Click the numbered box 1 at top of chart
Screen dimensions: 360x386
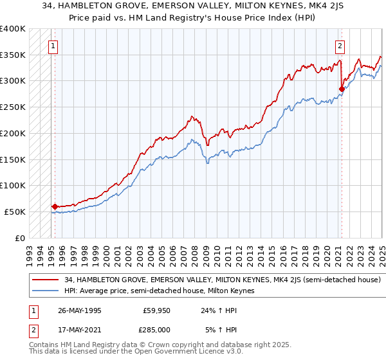pyautogui.click(x=51, y=46)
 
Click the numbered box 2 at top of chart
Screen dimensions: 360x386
pyautogui.click(x=339, y=46)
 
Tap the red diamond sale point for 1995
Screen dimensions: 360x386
pyautogui.click(x=55, y=206)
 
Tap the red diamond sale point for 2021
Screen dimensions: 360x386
pyautogui.click(x=342, y=89)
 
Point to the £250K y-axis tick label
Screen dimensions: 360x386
pyautogui.click(x=13, y=107)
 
